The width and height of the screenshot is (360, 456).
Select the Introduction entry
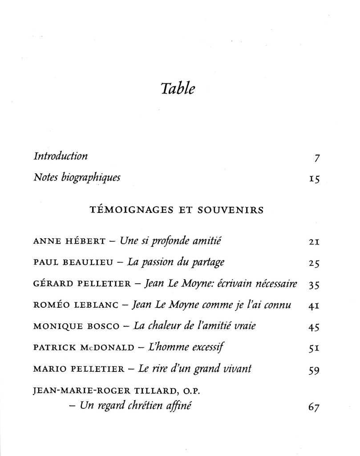coord(61,156)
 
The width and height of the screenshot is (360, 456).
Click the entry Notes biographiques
coord(77,178)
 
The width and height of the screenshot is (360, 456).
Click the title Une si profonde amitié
coord(171,242)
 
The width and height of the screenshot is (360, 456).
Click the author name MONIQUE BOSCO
coord(76,327)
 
